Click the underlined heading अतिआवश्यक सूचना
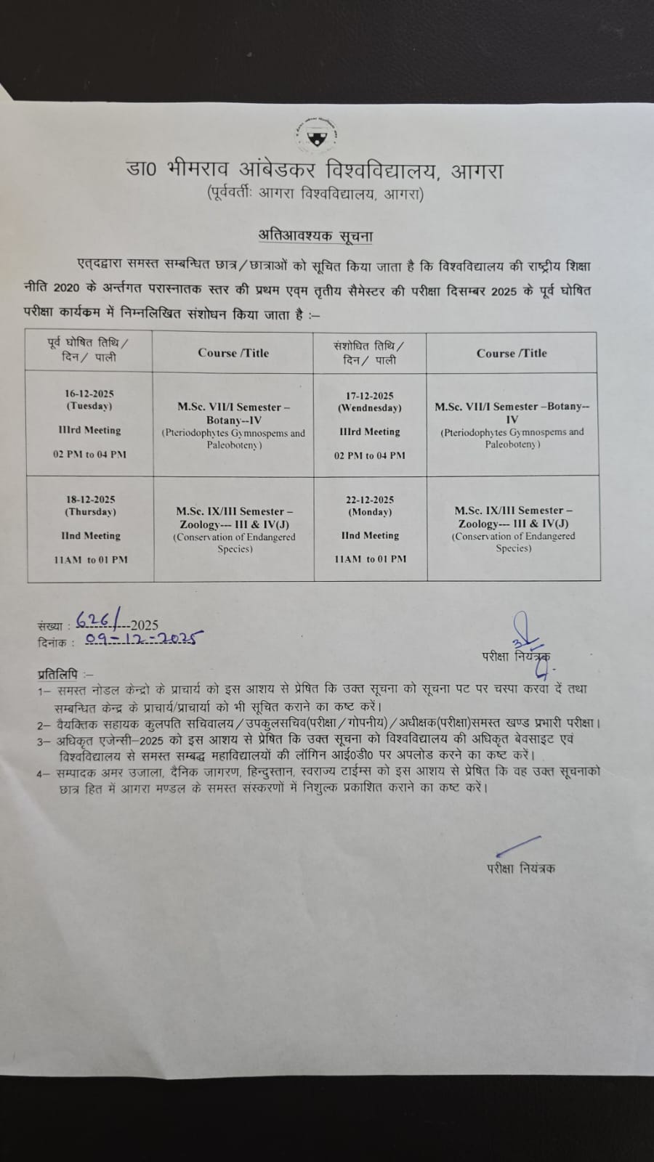click(316, 235)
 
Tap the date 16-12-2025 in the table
click(89, 394)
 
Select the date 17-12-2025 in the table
click(370, 396)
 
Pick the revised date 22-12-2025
click(370, 500)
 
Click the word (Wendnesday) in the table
click(370, 408)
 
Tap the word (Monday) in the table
click(370, 512)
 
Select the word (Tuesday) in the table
click(89, 406)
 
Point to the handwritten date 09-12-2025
click(144, 639)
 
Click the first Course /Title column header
click(233, 353)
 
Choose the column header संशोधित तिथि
click(369, 346)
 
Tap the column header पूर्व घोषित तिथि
click(89, 343)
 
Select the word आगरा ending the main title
click(477, 171)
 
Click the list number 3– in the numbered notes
click(43, 742)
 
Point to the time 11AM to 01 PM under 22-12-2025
click(371, 559)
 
